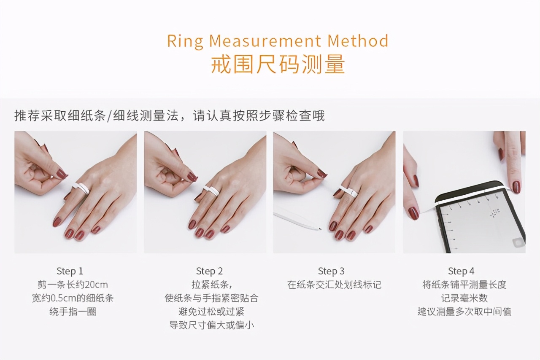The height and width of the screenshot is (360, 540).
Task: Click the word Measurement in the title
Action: coord(265,41)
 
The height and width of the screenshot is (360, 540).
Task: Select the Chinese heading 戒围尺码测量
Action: coord(278,64)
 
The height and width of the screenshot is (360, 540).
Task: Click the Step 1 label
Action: coord(70,271)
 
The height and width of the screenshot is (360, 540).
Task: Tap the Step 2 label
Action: coord(209,271)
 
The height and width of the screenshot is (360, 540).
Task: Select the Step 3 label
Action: coord(331,271)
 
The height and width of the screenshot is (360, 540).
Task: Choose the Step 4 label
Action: coord(461,271)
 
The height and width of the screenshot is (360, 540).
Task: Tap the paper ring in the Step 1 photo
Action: coord(81,188)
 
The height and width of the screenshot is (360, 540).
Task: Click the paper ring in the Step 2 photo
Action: coord(211,190)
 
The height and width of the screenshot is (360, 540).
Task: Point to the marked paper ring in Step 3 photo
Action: coord(348,192)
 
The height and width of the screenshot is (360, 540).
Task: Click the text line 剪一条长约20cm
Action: coord(73,285)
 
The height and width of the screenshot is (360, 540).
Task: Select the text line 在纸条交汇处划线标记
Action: coord(334,285)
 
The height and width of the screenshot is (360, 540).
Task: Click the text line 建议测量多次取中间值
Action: coord(464,312)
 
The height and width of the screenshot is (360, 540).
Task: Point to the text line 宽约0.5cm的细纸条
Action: coord(73,298)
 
